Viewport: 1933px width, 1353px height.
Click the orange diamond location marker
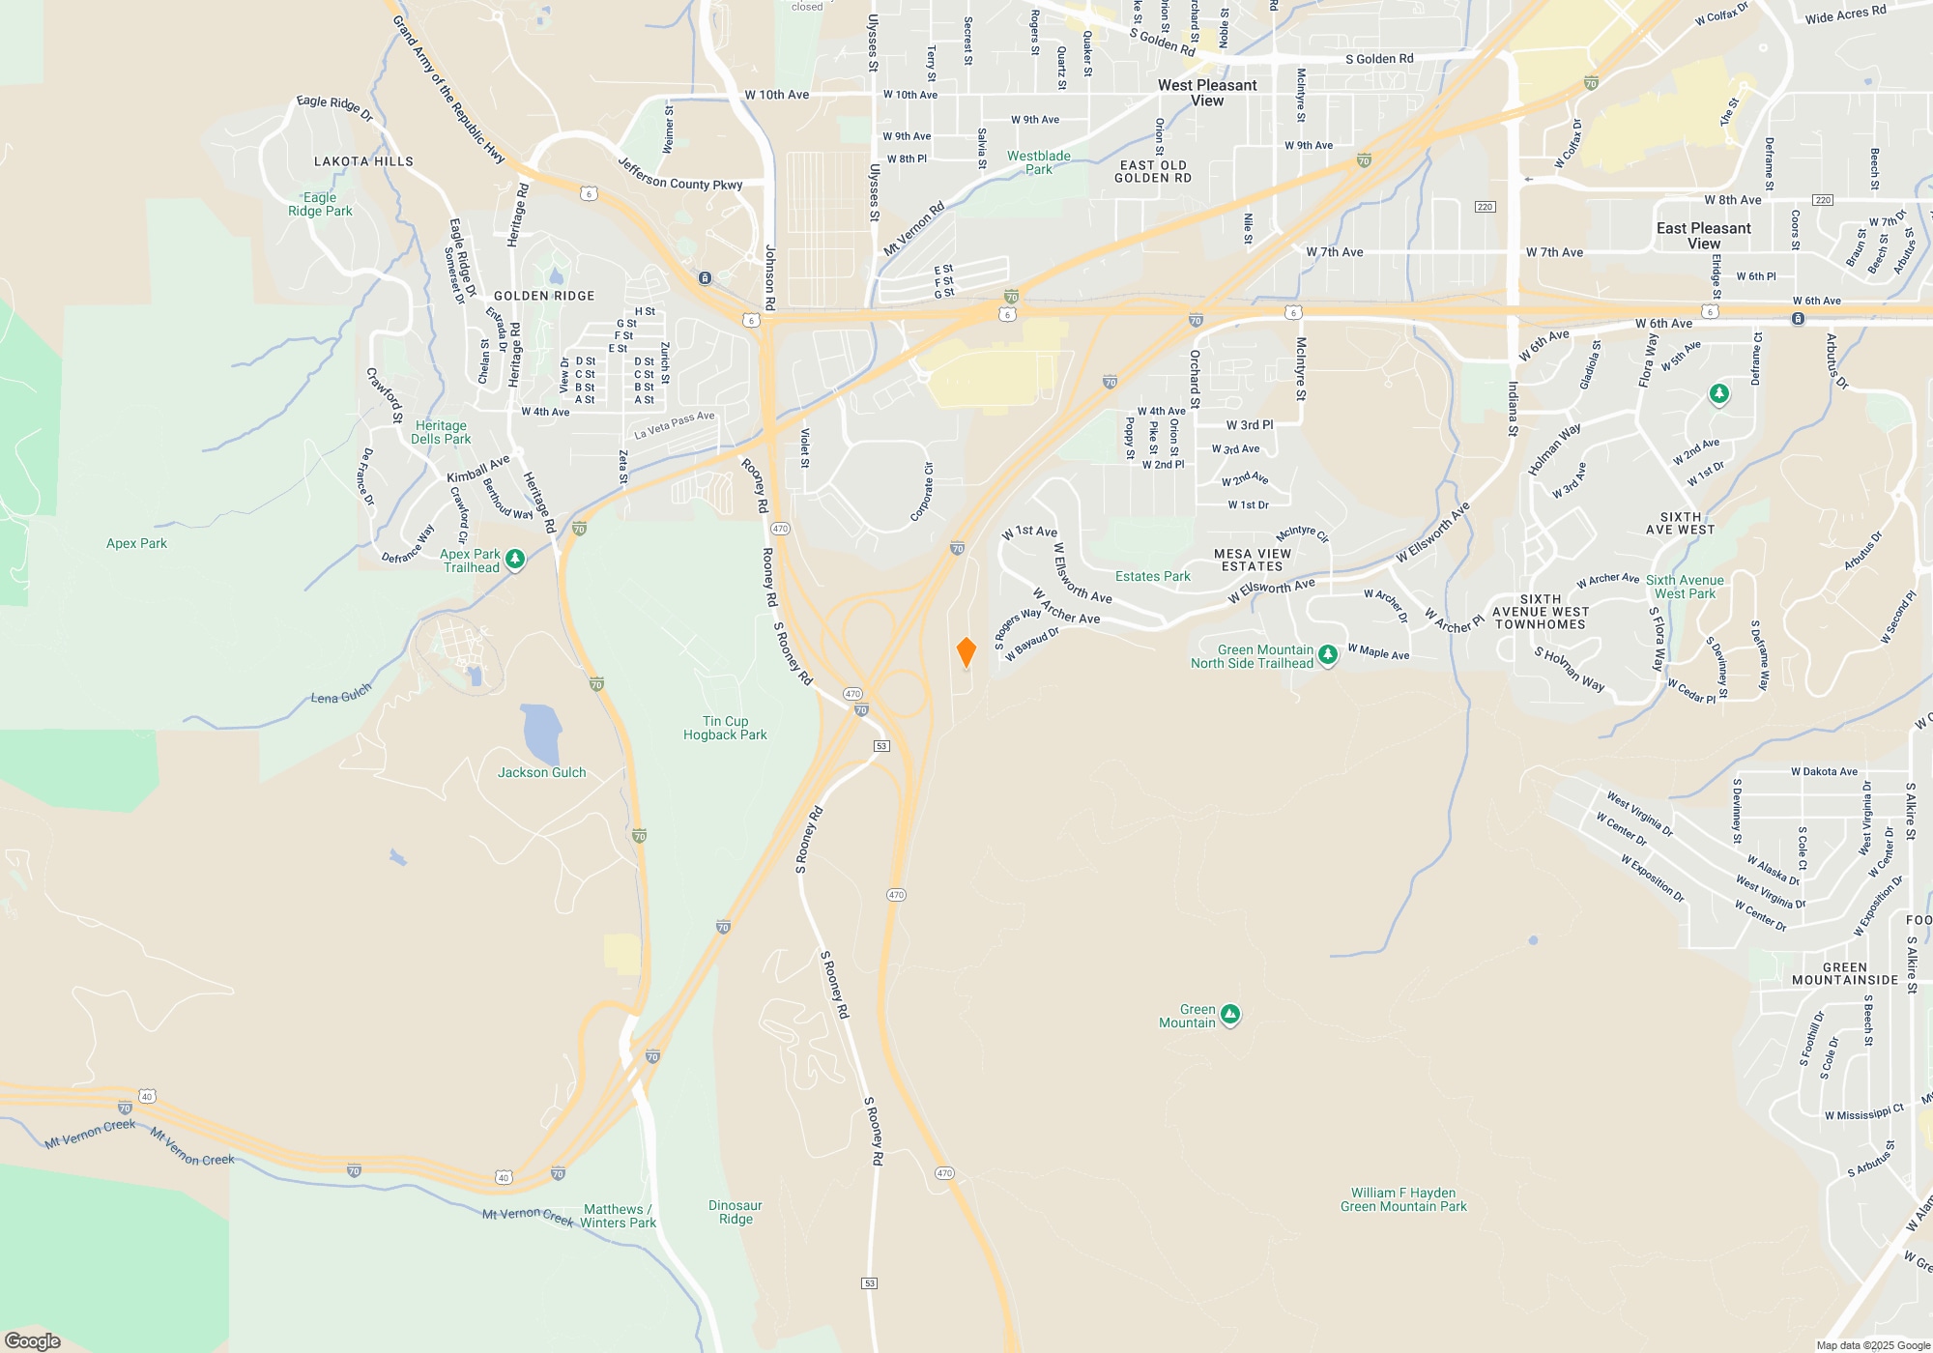(966, 652)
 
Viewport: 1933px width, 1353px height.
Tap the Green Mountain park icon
(1230, 1015)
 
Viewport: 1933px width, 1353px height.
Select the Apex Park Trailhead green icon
(515, 560)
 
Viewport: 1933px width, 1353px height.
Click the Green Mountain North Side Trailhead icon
(1328, 655)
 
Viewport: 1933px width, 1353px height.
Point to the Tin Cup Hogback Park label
(725, 728)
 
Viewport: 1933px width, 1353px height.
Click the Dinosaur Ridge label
(736, 1212)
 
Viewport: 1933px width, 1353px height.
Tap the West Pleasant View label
(1207, 93)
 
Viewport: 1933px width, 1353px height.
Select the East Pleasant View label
(1703, 236)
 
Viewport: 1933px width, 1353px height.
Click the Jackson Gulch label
(541, 772)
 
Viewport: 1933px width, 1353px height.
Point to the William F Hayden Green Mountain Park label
(1403, 1199)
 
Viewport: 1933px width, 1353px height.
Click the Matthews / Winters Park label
(619, 1216)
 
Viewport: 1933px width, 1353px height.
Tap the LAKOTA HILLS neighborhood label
(363, 161)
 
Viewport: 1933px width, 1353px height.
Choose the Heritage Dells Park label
(441, 432)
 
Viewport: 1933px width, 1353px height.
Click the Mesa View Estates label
(1252, 561)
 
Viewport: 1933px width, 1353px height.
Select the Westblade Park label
(1039, 162)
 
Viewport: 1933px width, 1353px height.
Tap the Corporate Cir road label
(923, 492)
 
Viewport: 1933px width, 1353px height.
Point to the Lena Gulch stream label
(341, 694)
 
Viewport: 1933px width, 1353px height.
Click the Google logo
(32, 1340)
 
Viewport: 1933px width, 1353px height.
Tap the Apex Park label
(136, 543)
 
